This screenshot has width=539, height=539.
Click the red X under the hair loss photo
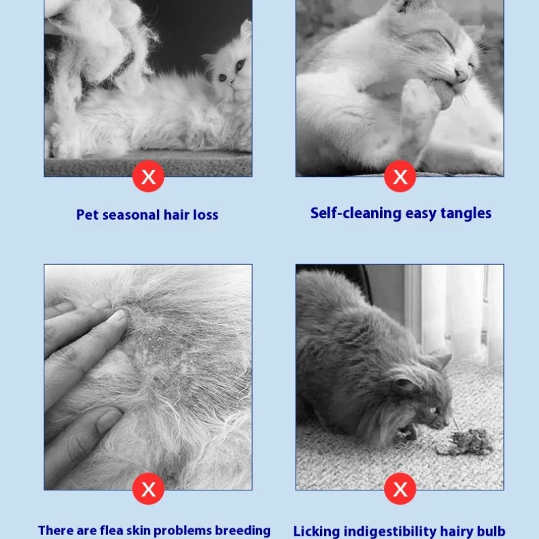coord(148,177)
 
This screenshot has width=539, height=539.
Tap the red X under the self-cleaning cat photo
coord(400,177)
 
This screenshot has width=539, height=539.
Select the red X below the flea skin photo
coord(148,488)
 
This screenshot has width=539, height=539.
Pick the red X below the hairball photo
coord(400,488)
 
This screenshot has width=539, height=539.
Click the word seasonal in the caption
coord(131,215)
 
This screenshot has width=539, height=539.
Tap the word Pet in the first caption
coord(88,215)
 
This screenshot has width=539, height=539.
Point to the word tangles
coord(466,214)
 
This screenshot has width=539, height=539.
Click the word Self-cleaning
coord(356,214)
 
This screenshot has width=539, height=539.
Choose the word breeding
coord(243,531)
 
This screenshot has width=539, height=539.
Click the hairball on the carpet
coord(464,443)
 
